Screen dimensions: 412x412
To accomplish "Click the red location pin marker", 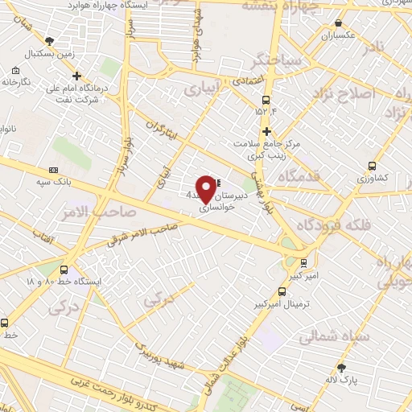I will tap(207, 188).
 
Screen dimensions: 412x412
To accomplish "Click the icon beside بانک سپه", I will tap(54, 170).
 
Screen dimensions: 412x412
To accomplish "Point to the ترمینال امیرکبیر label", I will tap(282, 305).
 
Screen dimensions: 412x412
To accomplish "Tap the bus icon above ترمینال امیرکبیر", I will tap(282, 292).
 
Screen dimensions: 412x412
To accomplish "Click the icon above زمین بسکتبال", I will tap(50, 39).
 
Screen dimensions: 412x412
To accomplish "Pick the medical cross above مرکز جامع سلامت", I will tap(266, 130).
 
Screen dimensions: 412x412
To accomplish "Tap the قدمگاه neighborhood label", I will tap(298, 175).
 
